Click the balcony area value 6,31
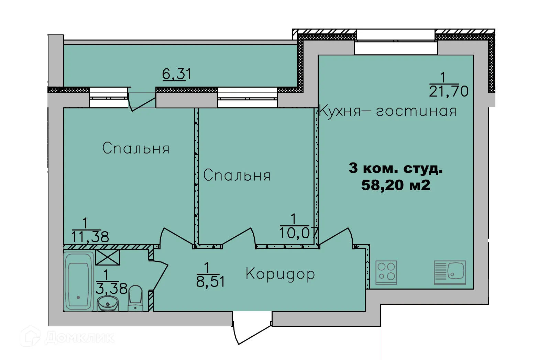(x=177, y=74)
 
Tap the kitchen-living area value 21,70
(x=449, y=91)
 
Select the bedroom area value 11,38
(x=90, y=237)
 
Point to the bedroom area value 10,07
(x=299, y=233)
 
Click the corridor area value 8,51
(x=210, y=282)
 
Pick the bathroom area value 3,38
(x=111, y=289)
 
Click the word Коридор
(x=280, y=274)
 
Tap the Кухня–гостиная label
(x=388, y=112)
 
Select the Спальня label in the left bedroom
(x=136, y=148)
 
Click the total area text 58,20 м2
(x=396, y=185)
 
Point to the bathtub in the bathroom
(x=78, y=281)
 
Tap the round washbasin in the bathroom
(x=108, y=303)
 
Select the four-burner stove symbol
(x=386, y=273)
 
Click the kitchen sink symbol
(x=450, y=273)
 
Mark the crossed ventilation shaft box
(x=108, y=257)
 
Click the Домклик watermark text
(x=79, y=338)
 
